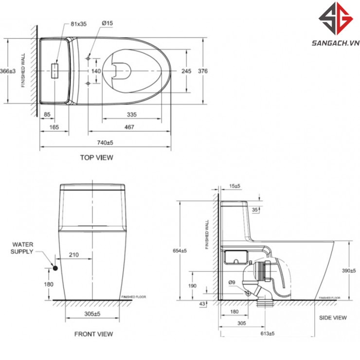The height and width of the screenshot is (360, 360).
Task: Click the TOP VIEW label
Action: point(96,158)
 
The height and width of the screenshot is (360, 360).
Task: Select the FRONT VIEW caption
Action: point(93,334)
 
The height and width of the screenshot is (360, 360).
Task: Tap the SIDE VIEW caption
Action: point(333,318)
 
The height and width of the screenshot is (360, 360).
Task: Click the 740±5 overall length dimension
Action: point(105,143)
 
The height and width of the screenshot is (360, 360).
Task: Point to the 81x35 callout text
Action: point(78,24)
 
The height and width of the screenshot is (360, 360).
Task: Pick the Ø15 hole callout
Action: point(108,24)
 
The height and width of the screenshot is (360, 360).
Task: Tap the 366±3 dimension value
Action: point(7,72)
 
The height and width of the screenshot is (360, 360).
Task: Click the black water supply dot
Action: point(55,267)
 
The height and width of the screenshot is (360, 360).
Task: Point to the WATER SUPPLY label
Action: point(22,248)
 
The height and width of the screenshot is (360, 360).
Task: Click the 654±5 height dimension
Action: point(180,251)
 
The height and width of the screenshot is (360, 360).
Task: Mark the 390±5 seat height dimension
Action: point(346,270)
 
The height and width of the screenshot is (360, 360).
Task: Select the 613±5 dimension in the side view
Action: point(265,334)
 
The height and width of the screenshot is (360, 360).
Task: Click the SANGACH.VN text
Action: point(333,43)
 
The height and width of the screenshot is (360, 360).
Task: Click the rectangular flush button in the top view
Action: point(55,71)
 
